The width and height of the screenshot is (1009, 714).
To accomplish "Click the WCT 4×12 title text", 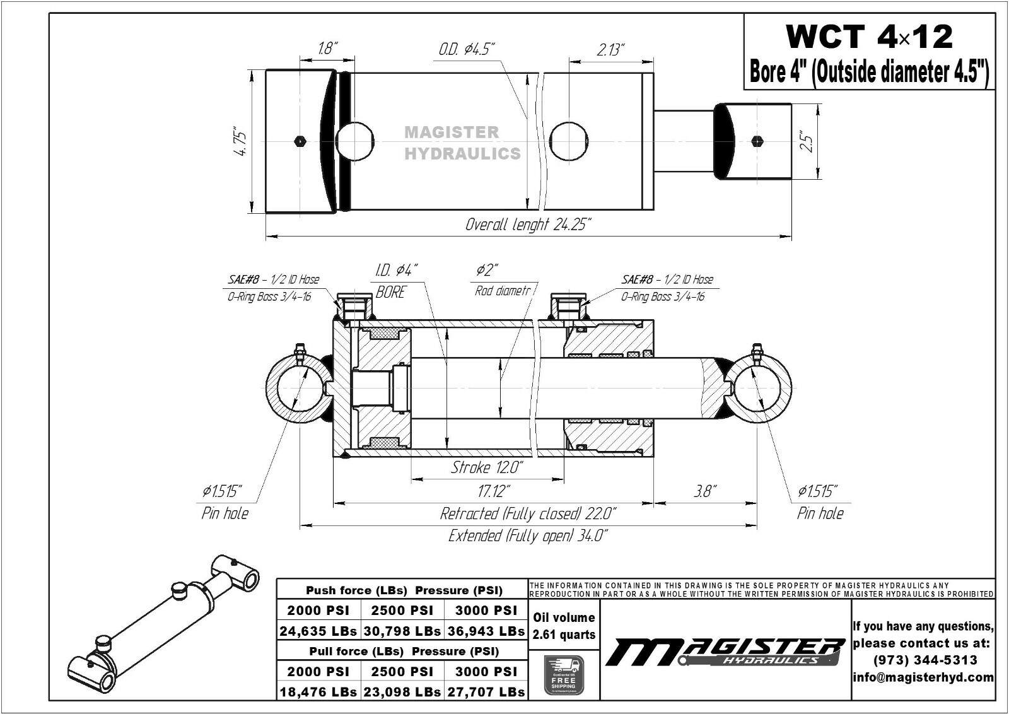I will (x=868, y=37).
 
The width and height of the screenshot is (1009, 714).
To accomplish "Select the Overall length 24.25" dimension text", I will (x=528, y=225).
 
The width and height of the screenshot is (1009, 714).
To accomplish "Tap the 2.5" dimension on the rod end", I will (x=807, y=141).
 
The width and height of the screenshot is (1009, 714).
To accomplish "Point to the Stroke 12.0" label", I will (x=487, y=467).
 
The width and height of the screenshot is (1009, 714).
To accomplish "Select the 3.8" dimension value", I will (x=705, y=491).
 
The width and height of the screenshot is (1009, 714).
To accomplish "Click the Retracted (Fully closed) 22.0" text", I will (x=528, y=513).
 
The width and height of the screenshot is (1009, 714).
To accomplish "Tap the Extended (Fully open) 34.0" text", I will (x=528, y=536).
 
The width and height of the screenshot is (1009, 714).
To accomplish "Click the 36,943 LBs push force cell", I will (x=486, y=631).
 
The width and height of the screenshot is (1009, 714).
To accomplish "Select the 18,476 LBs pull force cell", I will (x=318, y=692).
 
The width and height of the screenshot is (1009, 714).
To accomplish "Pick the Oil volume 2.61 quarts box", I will (x=564, y=626).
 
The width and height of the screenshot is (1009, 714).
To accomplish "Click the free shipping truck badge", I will (x=564, y=675).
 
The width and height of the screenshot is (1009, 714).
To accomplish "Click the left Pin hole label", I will (x=225, y=513).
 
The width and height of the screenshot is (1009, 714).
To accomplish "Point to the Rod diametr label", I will (x=503, y=291).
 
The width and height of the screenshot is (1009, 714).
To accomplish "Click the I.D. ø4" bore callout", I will (x=396, y=271).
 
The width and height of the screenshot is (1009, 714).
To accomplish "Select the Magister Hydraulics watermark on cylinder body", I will (x=462, y=143).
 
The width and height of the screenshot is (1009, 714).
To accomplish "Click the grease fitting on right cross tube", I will (x=757, y=351).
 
